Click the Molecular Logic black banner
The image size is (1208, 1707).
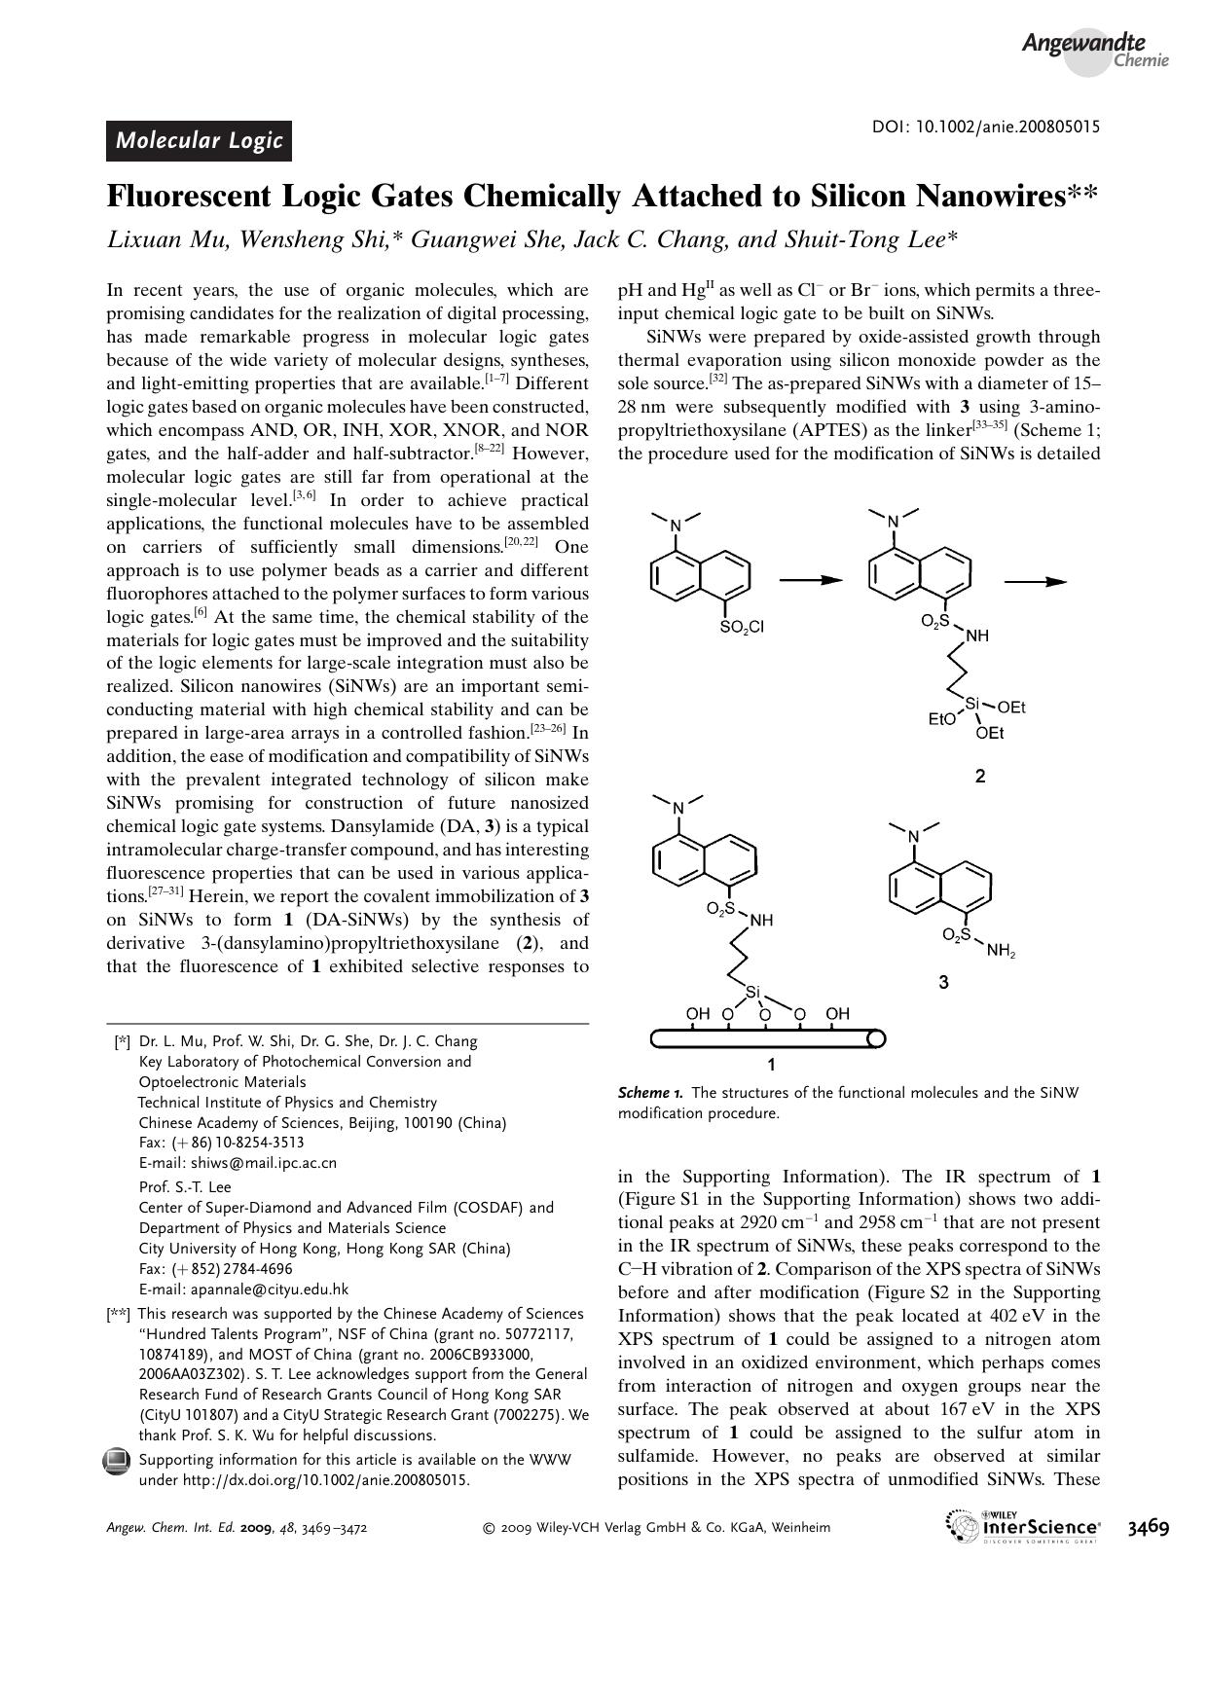coord(199,140)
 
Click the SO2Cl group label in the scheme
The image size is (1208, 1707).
coord(742,627)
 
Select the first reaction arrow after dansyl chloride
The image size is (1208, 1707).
coord(809,581)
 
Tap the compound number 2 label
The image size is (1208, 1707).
coord(979,776)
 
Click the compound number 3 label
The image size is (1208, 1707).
coord(943,983)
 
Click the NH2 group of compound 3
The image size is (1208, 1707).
coord(1000,952)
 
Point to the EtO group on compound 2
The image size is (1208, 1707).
coord(941,720)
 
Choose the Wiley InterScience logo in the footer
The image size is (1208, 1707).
coord(1022,1526)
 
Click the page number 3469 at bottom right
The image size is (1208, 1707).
coord(1148,1526)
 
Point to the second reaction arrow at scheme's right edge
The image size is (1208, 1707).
coord(1036,581)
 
